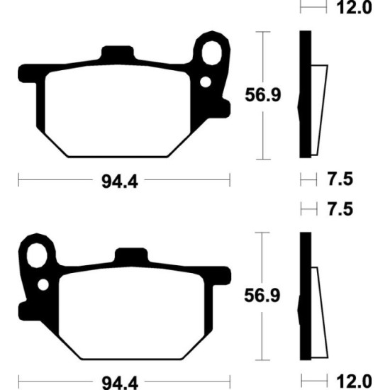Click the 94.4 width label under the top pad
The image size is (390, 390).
pyautogui.click(x=120, y=182)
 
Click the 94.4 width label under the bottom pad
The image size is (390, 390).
pyautogui.click(x=120, y=383)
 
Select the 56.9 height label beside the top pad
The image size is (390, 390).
pyautogui.click(x=263, y=95)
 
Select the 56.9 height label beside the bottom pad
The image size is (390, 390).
pyautogui.click(x=262, y=296)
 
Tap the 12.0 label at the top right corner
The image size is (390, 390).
pyautogui.click(x=354, y=7)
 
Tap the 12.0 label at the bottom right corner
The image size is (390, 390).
pyautogui.click(x=354, y=381)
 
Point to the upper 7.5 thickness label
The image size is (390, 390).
pyautogui.click(x=340, y=179)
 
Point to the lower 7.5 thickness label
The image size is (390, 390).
pyautogui.click(x=340, y=209)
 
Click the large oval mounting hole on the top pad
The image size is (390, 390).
pyautogui.click(x=212, y=53)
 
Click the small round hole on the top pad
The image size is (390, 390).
pyautogui.click(x=206, y=82)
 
